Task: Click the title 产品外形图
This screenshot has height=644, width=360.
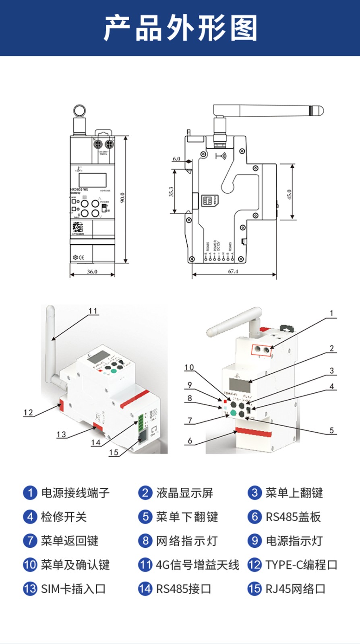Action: click(180, 28)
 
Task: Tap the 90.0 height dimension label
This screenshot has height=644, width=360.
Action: click(122, 198)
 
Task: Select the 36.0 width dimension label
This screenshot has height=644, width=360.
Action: click(92, 272)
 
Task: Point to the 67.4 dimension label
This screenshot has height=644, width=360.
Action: click(233, 271)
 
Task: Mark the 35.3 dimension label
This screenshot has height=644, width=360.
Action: click(171, 191)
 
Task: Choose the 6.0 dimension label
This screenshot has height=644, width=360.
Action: click(176, 159)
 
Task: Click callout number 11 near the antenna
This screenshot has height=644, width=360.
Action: click(93, 311)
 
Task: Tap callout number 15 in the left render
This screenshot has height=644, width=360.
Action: click(114, 452)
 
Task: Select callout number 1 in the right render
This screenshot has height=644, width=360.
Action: click(331, 313)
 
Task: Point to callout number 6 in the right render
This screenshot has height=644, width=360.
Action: click(190, 441)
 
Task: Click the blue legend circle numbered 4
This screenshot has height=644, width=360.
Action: click(30, 517)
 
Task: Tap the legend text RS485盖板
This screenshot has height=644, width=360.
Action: click(293, 517)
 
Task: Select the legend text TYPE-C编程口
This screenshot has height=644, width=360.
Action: click(301, 565)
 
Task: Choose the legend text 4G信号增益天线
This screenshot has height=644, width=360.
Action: click(197, 565)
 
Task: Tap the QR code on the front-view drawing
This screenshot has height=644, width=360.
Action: click(78, 227)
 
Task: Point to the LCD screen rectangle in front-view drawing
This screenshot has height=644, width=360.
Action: click(93, 180)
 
